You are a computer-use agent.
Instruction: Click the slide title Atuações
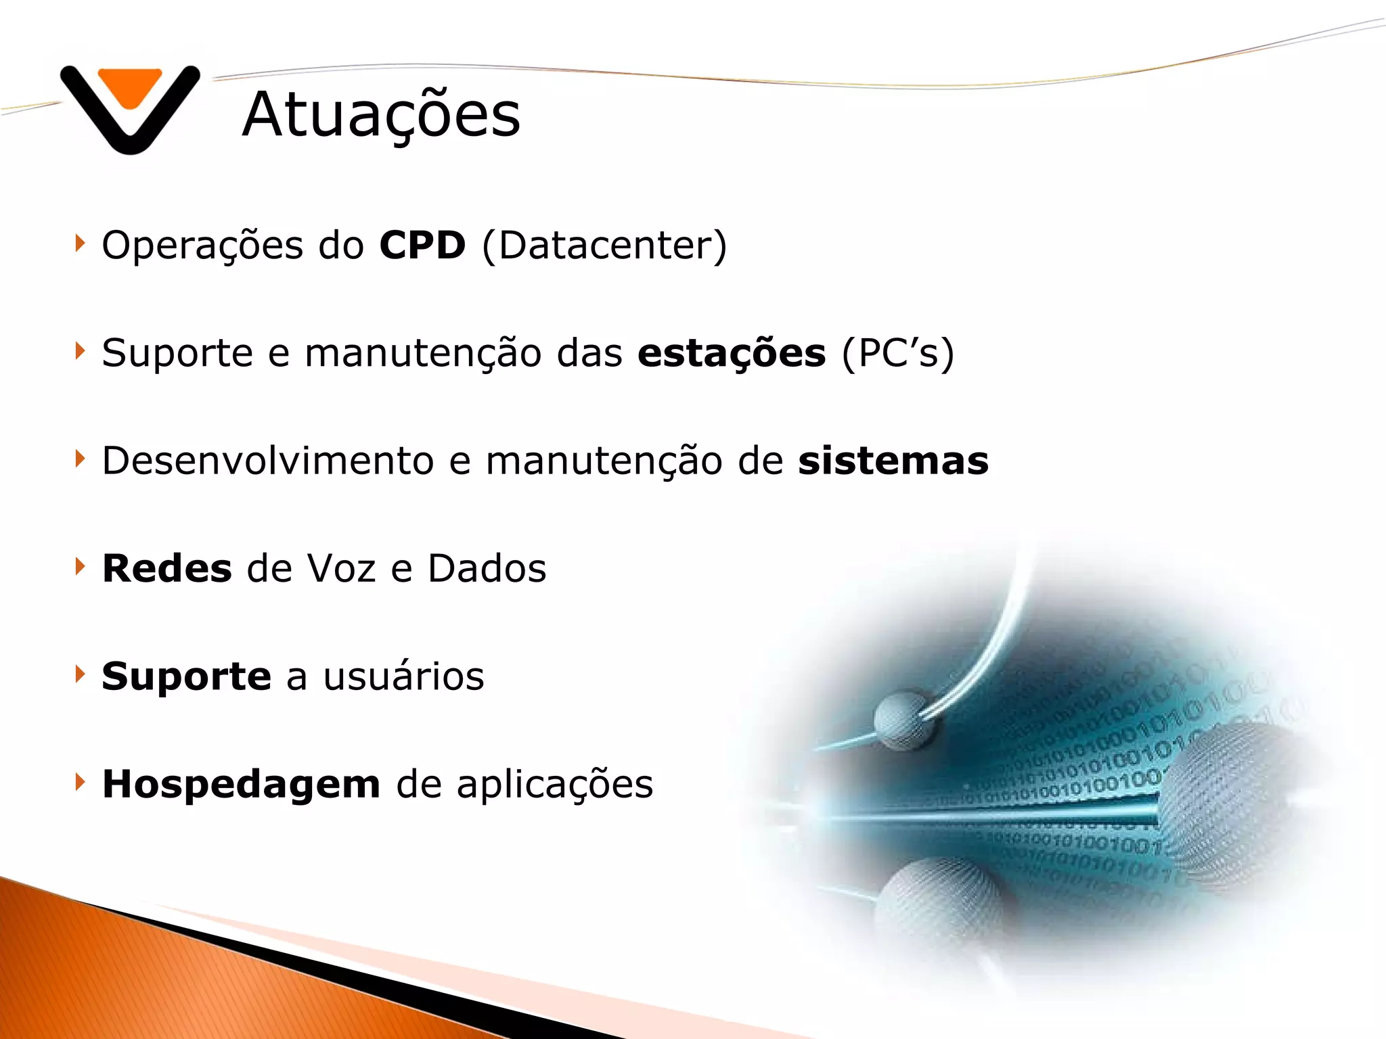[x=381, y=115]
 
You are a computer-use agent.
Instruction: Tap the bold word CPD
[x=422, y=245]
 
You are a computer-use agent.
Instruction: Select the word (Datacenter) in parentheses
[x=604, y=245]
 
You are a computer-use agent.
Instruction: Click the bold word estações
[x=732, y=353]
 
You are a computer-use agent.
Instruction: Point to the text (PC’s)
[x=898, y=353]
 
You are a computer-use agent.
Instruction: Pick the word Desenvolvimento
[x=267, y=461]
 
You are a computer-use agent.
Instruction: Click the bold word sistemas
[x=893, y=461]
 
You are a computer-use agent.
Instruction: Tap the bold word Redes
[x=167, y=568]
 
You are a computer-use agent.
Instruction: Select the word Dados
[x=487, y=568]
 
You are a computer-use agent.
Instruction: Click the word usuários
[x=404, y=676]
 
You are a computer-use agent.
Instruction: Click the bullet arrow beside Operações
[x=81, y=243]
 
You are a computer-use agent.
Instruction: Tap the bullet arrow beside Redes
[x=81, y=566]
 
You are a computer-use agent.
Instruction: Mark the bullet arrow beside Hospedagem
[x=81, y=782]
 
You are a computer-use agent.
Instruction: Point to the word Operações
[x=202, y=245]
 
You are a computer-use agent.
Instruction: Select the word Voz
[x=341, y=568]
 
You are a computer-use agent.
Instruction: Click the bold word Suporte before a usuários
[x=186, y=676]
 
